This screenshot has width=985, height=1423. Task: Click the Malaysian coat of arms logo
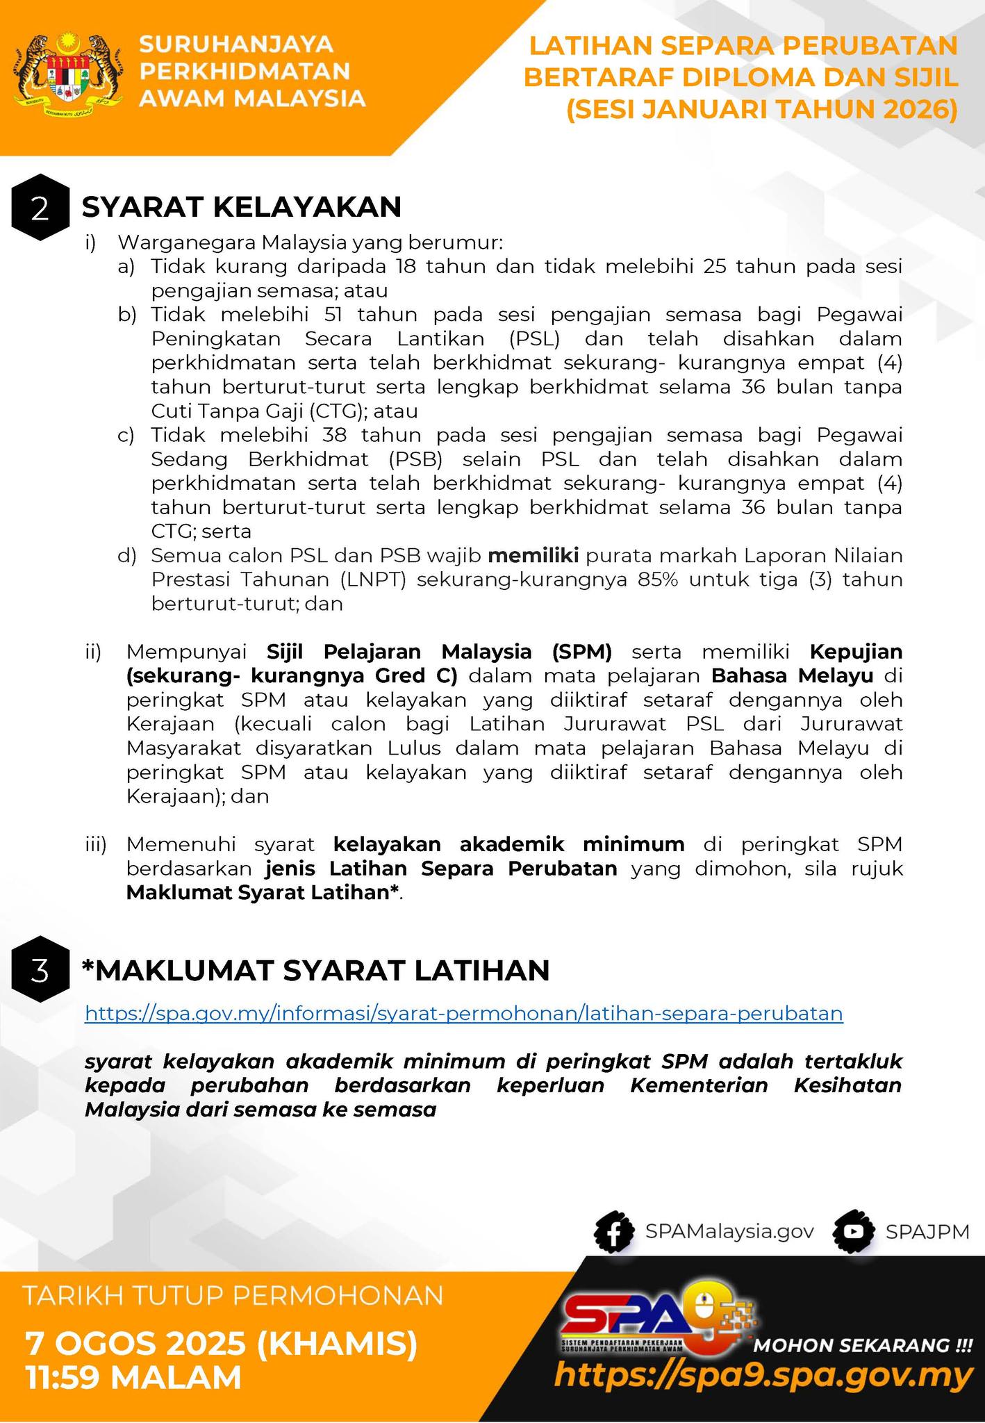tap(67, 74)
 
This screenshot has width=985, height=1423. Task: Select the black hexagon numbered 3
tap(40, 971)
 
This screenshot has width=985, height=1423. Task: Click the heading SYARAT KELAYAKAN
tap(242, 207)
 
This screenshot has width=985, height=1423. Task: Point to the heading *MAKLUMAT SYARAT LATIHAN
tap(315, 970)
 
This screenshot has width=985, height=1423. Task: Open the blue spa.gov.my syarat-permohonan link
tap(463, 1014)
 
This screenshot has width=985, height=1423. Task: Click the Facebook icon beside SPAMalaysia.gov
tap(614, 1232)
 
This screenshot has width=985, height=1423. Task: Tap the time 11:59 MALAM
tap(133, 1377)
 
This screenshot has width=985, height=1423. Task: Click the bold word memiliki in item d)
tap(533, 556)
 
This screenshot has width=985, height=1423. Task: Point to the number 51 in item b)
tap(333, 315)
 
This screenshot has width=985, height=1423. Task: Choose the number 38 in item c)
tap(336, 436)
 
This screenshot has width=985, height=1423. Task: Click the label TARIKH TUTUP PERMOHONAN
tap(233, 1296)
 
